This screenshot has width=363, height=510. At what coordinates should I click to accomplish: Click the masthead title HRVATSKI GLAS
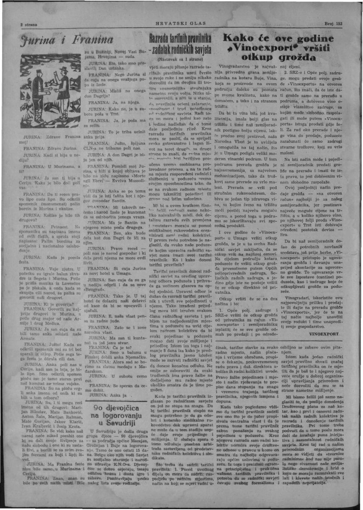click(x=181, y=24)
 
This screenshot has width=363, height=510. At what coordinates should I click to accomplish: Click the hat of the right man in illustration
click(x=64, y=69)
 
